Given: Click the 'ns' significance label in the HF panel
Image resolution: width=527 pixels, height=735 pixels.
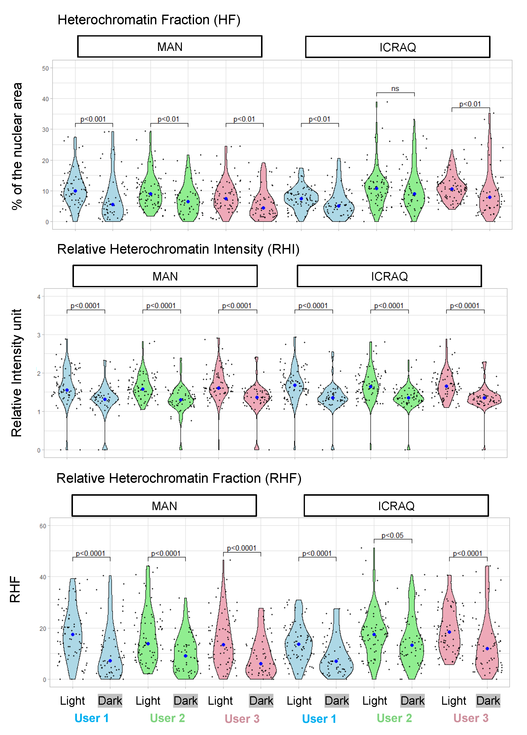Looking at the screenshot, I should (395, 88).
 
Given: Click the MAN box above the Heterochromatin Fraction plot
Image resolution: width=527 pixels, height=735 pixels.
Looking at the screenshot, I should (169, 47).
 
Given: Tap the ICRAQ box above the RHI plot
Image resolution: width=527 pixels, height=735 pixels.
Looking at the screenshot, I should (389, 276).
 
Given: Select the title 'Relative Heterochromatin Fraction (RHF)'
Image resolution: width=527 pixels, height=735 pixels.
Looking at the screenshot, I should (179, 478).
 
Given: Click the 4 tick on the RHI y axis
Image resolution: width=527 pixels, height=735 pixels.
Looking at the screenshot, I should (39, 297).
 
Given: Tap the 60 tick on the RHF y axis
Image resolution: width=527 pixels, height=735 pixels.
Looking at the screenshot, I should (43, 526).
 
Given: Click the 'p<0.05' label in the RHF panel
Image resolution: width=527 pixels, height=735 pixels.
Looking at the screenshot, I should (392, 535).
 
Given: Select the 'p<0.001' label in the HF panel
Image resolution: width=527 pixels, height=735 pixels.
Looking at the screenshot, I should (93, 119).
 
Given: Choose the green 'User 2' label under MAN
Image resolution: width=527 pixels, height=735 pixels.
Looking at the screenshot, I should (167, 718).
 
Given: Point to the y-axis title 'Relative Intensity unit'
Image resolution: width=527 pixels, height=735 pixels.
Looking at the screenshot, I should (16, 373).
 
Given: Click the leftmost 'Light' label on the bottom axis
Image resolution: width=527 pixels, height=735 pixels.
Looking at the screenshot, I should (72, 701).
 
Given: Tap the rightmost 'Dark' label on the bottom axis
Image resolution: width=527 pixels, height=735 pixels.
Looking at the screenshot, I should (488, 701).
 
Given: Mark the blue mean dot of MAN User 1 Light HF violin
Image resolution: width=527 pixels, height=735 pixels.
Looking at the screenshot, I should (75, 191).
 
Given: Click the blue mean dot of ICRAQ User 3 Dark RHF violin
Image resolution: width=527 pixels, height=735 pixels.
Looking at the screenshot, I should (487, 648).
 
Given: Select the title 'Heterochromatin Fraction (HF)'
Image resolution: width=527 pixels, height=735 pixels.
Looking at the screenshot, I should (149, 20).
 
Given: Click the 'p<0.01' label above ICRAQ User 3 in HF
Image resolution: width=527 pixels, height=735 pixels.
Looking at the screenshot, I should (470, 104).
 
